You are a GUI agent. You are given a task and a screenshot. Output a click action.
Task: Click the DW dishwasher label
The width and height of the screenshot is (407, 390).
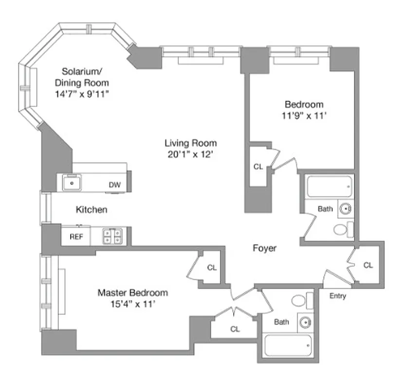coord(115,185)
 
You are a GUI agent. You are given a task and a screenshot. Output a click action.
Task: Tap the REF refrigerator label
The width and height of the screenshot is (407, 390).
coord(75,237)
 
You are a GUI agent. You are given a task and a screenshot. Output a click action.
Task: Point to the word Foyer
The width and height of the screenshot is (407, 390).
coord(264,249)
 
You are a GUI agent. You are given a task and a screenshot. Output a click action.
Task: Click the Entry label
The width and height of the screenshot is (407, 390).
coord(337,296)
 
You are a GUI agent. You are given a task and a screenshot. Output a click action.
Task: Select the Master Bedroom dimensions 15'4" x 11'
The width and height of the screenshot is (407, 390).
coord(133,305)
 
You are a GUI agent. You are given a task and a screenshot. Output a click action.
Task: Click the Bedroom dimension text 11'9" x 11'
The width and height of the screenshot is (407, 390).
coord(304,116)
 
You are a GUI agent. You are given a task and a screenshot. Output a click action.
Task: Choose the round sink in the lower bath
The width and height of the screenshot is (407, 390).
coord(305,322)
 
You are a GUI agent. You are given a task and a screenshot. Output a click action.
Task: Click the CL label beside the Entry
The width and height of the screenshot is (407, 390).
coord(368,266)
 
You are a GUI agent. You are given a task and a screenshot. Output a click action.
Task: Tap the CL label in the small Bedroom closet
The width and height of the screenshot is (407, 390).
coord(258,167)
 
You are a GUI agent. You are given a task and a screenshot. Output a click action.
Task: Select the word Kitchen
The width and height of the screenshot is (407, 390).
coord(92,210)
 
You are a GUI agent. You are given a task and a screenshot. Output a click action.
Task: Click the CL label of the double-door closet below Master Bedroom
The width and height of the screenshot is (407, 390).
coord(235,329)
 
